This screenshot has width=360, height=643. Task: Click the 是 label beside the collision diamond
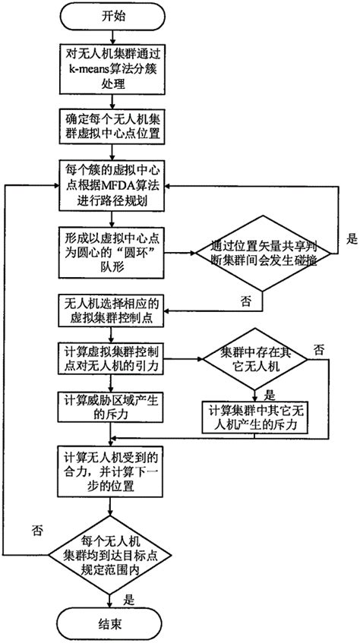point(351,238)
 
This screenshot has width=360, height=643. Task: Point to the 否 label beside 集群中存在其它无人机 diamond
point(318,349)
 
